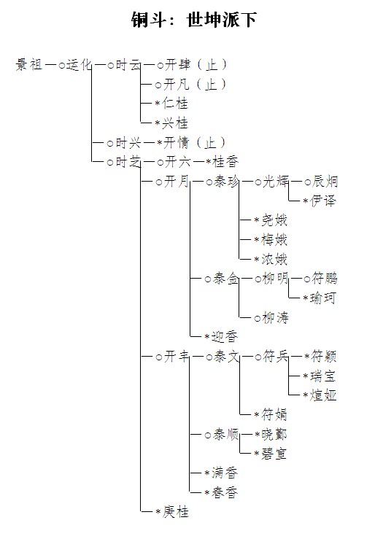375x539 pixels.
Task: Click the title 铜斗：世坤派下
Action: pyautogui.click(x=194, y=19)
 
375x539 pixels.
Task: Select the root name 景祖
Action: pyautogui.click(x=29, y=64)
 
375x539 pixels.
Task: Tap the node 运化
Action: pyautogui.click(x=79, y=64)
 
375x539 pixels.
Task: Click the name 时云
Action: pyautogui.click(x=128, y=64)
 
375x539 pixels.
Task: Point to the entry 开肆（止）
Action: pyautogui.click(x=196, y=64)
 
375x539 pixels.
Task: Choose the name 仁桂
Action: pyautogui.click(x=175, y=103)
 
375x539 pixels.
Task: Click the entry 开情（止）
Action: pyautogui.click(x=195, y=142)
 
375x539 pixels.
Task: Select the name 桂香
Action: pyautogui.click(x=225, y=162)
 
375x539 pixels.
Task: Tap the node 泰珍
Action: pyautogui.click(x=226, y=181)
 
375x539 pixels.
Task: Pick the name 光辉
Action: pyautogui.click(x=276, y=181)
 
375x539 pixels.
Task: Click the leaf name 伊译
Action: pyautogui.click(x=323, y=201)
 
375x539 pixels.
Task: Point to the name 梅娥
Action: pyautogui.click(x=274, y=239)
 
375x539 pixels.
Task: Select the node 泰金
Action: pyautogui.click(x=226, y=279)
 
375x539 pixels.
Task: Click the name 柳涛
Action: pyautogui.click(x=275, y=317)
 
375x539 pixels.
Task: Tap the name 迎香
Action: pyautogui.click(x=225, y=336)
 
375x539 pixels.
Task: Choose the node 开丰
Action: pyautogui.click(x=177, y=357)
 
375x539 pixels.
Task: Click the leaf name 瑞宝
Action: pyautogui.click(x=323, y=376)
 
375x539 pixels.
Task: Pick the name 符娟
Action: pyautogui.click(x=274, y=415)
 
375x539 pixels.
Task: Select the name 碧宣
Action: pyautogui.click(x=274, y=454)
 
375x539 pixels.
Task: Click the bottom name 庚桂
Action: pyautogui.click(x=175, y=512)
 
